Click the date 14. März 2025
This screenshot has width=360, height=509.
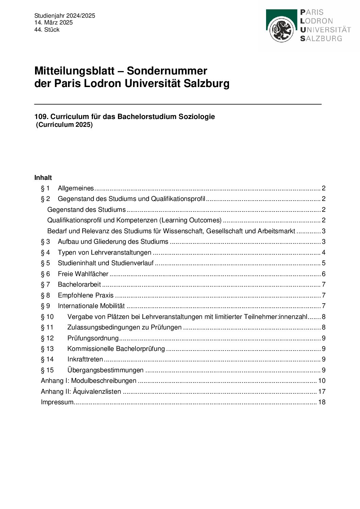coord(53,22)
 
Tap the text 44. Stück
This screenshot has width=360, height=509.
coord(47,30)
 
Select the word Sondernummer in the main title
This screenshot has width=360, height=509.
coord(167,71)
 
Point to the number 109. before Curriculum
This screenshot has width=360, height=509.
coord(42,117)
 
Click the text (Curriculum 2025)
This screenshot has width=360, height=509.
coord(64,124)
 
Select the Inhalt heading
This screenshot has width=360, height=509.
coord(43,177)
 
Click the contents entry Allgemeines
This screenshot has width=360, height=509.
coord(76,188)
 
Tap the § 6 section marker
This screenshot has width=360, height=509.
coord(45,274)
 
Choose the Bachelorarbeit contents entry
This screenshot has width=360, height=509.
coord(79,284)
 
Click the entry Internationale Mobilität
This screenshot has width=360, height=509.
coord(91,306)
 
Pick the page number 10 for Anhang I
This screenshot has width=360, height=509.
coord(322,380)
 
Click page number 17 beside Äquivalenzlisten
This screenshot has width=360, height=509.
coord(322,391)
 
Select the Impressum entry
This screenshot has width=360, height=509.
coord(57,402)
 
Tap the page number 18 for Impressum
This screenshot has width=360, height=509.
coord(322,402)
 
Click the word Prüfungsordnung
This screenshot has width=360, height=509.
coord(93,338)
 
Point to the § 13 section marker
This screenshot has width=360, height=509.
coord(47,349)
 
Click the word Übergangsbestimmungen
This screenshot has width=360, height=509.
coord(105,370)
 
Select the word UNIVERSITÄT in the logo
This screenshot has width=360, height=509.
coord(325,30)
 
